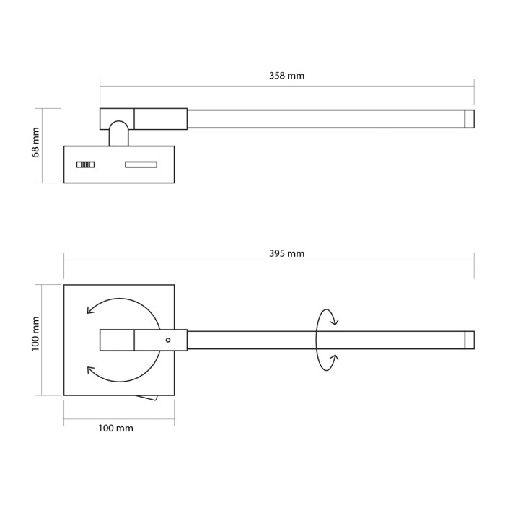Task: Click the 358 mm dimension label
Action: [286, 76]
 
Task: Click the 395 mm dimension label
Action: [286, 253]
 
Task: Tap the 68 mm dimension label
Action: [35, 142]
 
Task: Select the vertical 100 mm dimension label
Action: [35, 333]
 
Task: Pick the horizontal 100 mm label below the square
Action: [115, 428]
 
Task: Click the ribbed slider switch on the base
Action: [85, 164]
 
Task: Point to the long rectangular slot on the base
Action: [141, 164]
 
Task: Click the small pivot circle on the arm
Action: [168, 340]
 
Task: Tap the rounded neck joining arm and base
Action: [118, 133]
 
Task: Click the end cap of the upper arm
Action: [469, 119]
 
